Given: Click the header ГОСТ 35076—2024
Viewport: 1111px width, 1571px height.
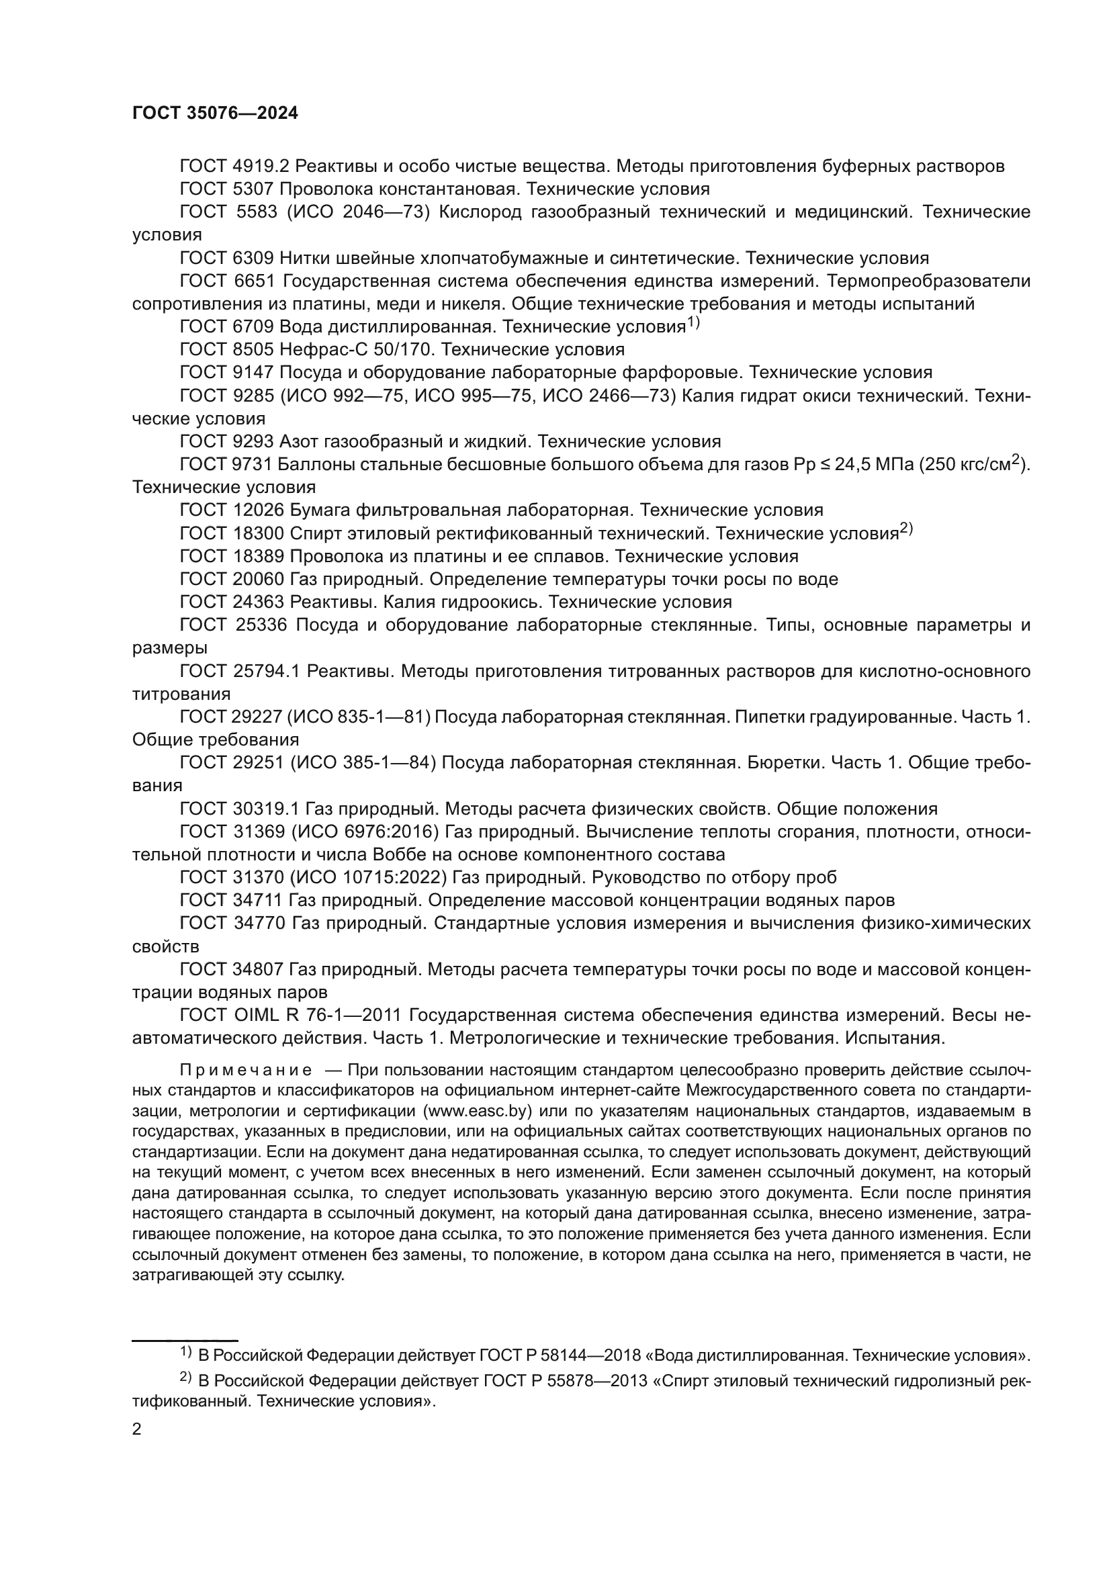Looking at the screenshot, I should point(215,114).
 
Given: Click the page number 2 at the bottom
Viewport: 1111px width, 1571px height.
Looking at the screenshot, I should point(137,1429).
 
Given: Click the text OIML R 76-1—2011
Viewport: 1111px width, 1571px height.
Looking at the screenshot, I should point(317,1016).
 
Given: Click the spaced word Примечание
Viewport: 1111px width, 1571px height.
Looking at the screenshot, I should point(246,1070).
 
